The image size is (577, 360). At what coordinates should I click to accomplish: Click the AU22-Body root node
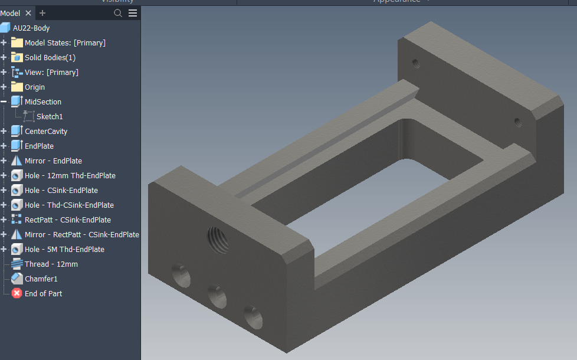pos(31,28)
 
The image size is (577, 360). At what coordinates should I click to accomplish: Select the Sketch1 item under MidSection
pos(49,116)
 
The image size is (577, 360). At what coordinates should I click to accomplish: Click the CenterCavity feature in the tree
pos(45,131)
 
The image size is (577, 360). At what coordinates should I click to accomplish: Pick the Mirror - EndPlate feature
pos(53,161)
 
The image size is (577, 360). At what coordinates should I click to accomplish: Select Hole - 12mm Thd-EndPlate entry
pos(70,175)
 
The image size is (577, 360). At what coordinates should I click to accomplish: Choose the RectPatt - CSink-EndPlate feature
pos(67,220)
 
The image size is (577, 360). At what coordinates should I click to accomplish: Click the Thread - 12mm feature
pos(51,264)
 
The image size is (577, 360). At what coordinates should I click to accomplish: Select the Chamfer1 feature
pos(41,279)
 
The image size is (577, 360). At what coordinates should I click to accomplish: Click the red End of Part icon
pos(17,293)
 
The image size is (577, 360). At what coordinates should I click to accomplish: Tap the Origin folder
pos(34,87)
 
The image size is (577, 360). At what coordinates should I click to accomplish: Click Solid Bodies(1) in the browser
pos(50,57)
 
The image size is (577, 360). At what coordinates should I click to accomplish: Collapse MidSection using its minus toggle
pos(4,102)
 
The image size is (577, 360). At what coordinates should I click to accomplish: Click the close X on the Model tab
pos(28,13)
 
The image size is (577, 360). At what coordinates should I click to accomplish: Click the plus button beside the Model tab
pos(42,13)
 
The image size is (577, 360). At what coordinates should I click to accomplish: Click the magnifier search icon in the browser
pos(118,13)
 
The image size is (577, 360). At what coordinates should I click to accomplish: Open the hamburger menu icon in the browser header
pos(133,13)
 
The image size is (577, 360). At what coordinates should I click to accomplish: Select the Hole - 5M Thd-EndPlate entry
pos(64,249)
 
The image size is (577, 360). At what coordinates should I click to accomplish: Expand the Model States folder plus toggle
pos(4,42)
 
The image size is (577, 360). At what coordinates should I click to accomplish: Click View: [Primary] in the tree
pos(51,72)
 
